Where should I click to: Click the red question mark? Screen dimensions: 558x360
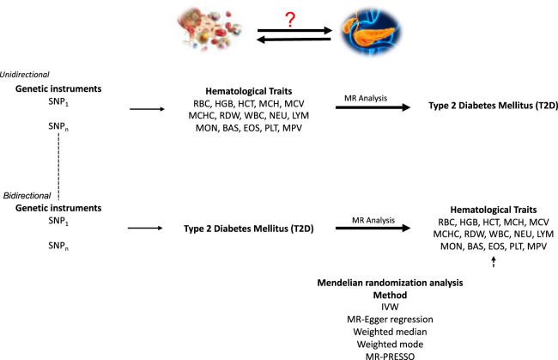pyautogui.click(x=290, y=20)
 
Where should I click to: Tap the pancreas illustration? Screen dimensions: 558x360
pyautogui.click(x=371, y=31)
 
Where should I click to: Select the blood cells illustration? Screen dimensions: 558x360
pyautogui.click(x=210, y=30)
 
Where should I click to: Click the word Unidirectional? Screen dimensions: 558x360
pyautogui.click(x=25, y=75)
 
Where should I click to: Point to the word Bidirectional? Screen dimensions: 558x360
pyautogui.click(x=27, y=196)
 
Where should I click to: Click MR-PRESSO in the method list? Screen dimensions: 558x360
pyautogui.click(x=390, y=356)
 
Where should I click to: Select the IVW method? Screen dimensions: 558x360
pyautogui.click(x=390, y=307)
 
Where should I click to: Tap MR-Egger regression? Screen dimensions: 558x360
pyautogui.click(x=390, y=319)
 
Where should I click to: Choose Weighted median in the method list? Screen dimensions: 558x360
pyautogui.click(x=390, y=332)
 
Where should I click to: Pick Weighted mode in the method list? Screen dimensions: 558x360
pyautogui.click(x=390, y=344)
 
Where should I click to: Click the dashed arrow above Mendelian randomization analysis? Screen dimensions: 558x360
pyautogui.click(x=494, y=262)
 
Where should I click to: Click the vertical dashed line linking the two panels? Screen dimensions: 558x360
pyautogui.click(x=58, y=167)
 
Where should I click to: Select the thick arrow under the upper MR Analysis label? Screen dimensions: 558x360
pyautogui.click(x=373, y=107)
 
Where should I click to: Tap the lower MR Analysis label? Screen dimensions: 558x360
pyautogui.click(x=373, y=220)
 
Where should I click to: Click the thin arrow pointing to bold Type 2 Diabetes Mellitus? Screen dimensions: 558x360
pyautogui.click(x=145, y=228)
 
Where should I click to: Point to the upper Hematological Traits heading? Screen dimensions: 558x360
pyautogui.click(x=249, y=91)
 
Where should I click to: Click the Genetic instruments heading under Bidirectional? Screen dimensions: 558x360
pyautogui.click(x=58, y=208)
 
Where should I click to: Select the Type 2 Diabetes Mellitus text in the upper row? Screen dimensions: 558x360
pyautogui.click(x=493, y=106)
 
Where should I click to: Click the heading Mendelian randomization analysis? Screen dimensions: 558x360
pyautogui.click(x=390, y=283)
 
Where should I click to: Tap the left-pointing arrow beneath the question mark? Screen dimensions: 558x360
pyautogui.click(x=294, y=40)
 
